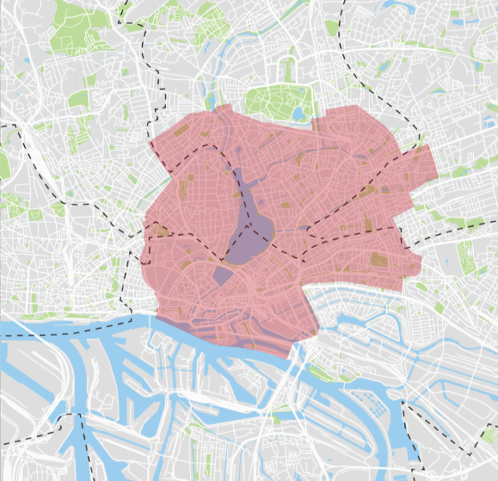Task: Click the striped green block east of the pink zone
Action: coord(465,255)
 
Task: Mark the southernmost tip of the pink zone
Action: coord(289,358)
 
